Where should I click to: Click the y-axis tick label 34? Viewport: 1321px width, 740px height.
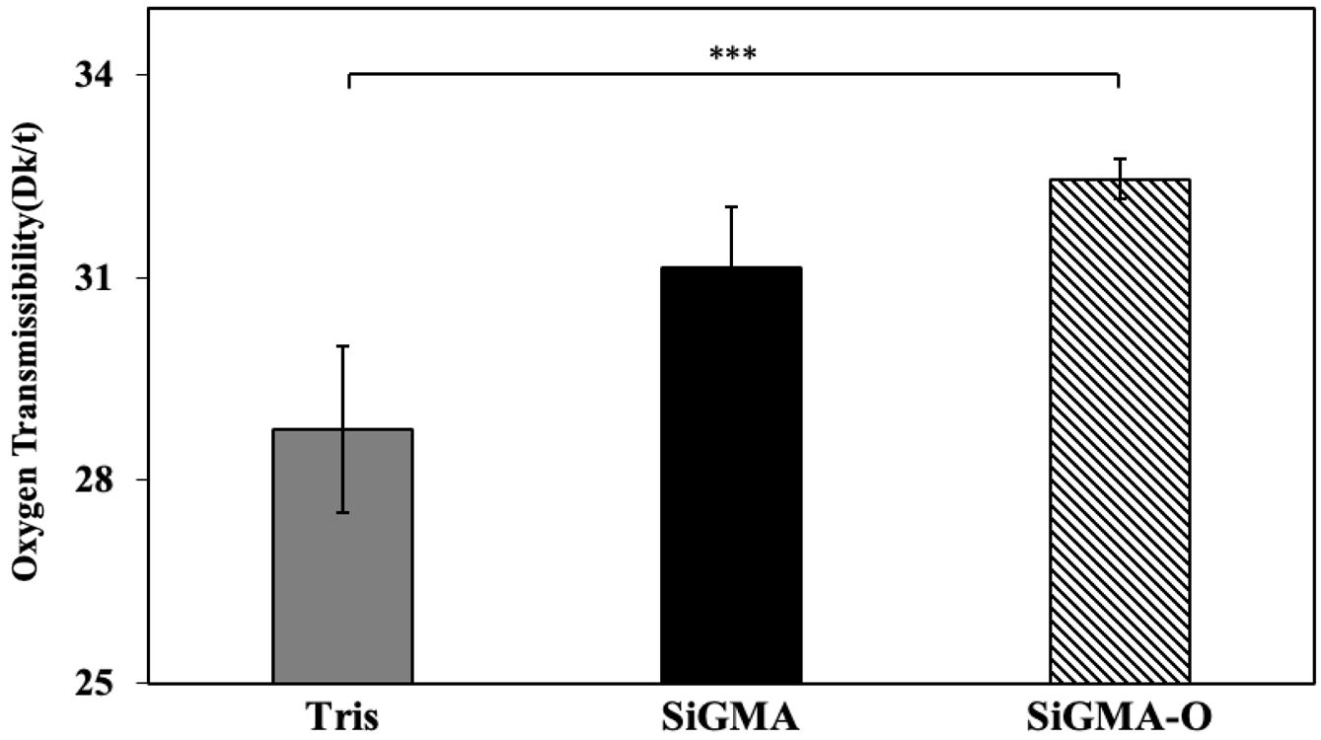click(95, 75)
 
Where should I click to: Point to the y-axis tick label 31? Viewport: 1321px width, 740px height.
click(95, 277)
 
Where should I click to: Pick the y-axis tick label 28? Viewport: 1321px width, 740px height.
click(95, 481)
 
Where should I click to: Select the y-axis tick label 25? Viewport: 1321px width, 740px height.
click(95, 683)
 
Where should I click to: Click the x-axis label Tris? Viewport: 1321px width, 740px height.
click(342, 716)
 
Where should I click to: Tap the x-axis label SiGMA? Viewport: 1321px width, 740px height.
click(730, 716)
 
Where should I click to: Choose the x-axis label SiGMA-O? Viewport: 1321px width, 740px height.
click(1118, 716)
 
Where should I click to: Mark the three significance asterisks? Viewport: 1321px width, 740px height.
click(733, 53)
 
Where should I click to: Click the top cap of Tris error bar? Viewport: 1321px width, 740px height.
click(342, 346)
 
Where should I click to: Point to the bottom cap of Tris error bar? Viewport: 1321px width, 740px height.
click(342, 512)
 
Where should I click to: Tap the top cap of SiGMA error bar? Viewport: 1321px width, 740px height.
click(730, 207)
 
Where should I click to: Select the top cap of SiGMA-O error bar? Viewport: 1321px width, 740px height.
click(1119, 159)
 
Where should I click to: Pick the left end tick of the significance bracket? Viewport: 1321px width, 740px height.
click(348, 80)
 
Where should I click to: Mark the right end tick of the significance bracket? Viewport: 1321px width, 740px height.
click(1118, 80)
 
